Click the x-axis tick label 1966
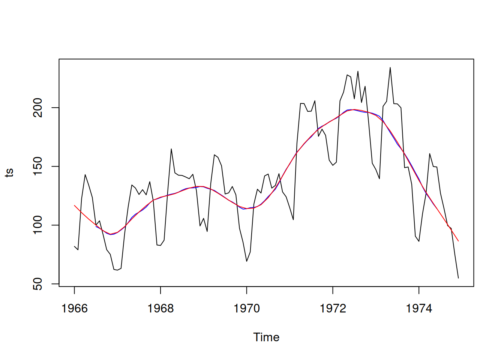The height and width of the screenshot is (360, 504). click(74, 309)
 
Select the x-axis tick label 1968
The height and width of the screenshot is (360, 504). click(160, 309)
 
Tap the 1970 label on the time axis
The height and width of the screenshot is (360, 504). click(246, 309)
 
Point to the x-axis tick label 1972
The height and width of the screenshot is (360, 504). click(333, 309)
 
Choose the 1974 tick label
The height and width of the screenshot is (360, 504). click(419, 309)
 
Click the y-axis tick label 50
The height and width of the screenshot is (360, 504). click(38, 284)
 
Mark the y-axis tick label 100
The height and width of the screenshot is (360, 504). click(38, 225)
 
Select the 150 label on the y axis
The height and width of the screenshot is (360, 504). click(38, 166)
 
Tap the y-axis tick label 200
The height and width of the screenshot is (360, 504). click(38, 108)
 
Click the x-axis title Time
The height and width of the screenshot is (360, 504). click(266, 337)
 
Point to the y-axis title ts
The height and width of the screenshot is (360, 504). click(9, 172)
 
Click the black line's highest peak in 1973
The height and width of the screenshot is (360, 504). click(390, 67)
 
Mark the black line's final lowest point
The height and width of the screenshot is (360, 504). click(458, 278)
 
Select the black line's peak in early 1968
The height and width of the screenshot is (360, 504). click(171, 149)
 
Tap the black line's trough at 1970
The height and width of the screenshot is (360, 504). click(246, 261)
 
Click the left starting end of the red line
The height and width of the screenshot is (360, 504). click(74, 205)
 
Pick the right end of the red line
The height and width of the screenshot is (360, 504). click(458, 241)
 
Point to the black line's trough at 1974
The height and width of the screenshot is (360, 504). click(419, 241)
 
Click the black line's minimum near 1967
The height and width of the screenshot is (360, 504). click(117, 270)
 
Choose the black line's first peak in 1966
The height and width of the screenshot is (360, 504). click(85, 174)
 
